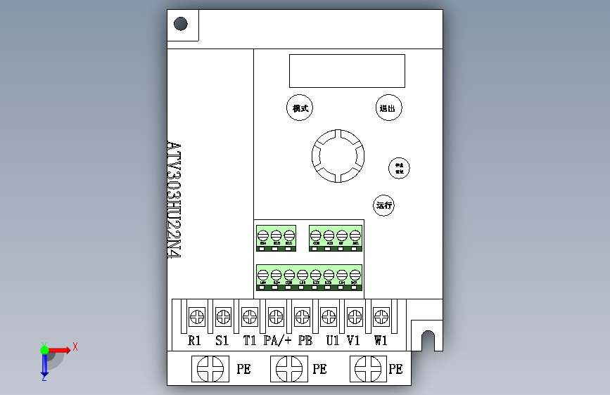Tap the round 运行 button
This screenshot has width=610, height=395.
tap(384, 206)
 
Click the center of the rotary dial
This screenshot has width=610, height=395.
tap(338, 155)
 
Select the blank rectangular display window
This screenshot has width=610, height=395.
tap(347, 71)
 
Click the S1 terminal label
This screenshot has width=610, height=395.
tap(222, 341)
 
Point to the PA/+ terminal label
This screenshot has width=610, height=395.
tap(277, 341)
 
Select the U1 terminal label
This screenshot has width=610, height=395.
tap(332, 341)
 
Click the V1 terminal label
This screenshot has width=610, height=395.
tap(354, 341)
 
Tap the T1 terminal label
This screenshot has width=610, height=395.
tap(249, 341)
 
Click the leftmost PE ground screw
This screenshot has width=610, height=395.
tap(210, 368)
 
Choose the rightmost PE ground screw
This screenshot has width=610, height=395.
tap(368, 368)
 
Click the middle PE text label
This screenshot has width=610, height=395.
tap(319, 369)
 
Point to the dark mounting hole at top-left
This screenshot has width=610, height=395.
tap(181, 24)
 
